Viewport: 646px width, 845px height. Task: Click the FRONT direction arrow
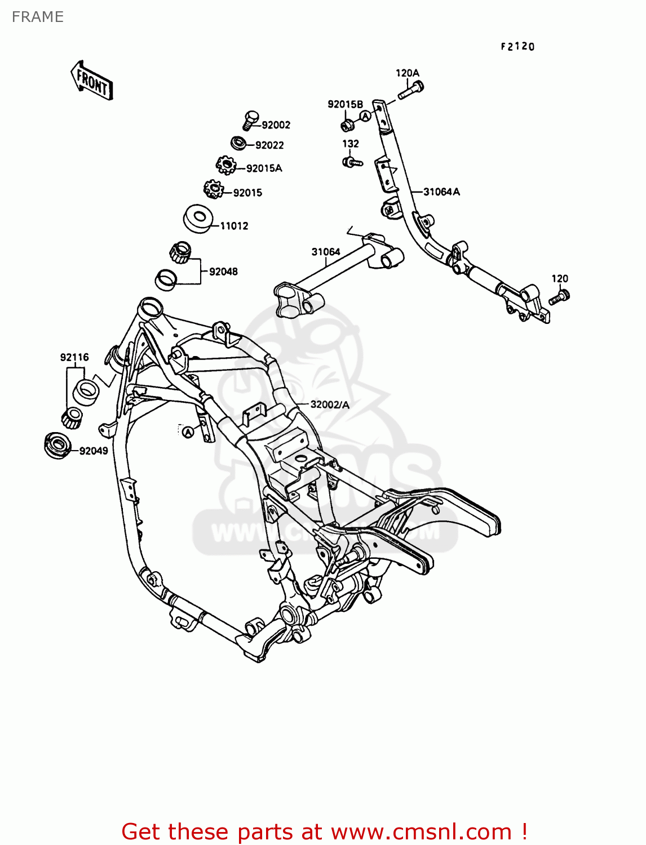[92, 81]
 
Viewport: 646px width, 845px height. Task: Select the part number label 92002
[276, 125]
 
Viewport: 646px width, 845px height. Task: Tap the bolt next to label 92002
[250, 119]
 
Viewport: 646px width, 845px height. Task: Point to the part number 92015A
[264, 168]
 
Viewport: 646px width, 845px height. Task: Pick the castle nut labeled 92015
[214, 189]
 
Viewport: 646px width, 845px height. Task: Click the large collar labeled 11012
[197, 218]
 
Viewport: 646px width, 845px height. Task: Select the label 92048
[223, 272]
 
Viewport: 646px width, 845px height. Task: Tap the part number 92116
[74, 357]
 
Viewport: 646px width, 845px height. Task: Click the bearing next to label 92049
[57, 445]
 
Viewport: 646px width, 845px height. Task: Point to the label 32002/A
[330, 404]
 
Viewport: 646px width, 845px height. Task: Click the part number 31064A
[441, 192]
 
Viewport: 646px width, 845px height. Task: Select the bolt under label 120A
[411, 90]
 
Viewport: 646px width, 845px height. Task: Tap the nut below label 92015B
[347, 123]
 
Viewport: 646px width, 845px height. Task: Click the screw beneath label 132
[352, 163]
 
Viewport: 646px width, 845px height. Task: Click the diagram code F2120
[517, 47]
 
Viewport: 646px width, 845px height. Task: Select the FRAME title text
[38, 17]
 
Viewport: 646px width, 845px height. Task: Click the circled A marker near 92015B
[365, 116]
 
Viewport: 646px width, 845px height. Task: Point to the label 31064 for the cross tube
[326, 252]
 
